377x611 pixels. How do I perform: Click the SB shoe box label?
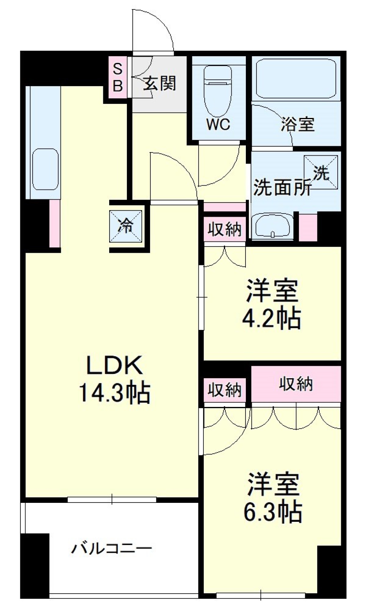(118, 77)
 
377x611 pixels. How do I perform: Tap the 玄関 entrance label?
(159, 83)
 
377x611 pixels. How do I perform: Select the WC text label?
(218, 125)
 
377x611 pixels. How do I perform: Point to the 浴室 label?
(297, 124)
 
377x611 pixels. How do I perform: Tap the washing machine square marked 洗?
(321, 172)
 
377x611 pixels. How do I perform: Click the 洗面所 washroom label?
(282, 188)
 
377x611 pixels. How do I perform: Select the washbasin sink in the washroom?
(272, 226)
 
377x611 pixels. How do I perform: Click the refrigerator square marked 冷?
(126, 226)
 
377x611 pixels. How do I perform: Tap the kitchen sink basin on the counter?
(45, 169)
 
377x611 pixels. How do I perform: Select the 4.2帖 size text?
(271, 318)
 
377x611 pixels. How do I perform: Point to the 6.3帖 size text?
(273, 512)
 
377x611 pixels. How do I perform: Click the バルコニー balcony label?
(111, 548)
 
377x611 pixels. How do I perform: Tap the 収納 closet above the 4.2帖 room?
(224, 229)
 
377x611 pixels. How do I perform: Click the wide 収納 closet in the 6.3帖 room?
(296, 384)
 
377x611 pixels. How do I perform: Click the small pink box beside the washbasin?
(308, 227)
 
